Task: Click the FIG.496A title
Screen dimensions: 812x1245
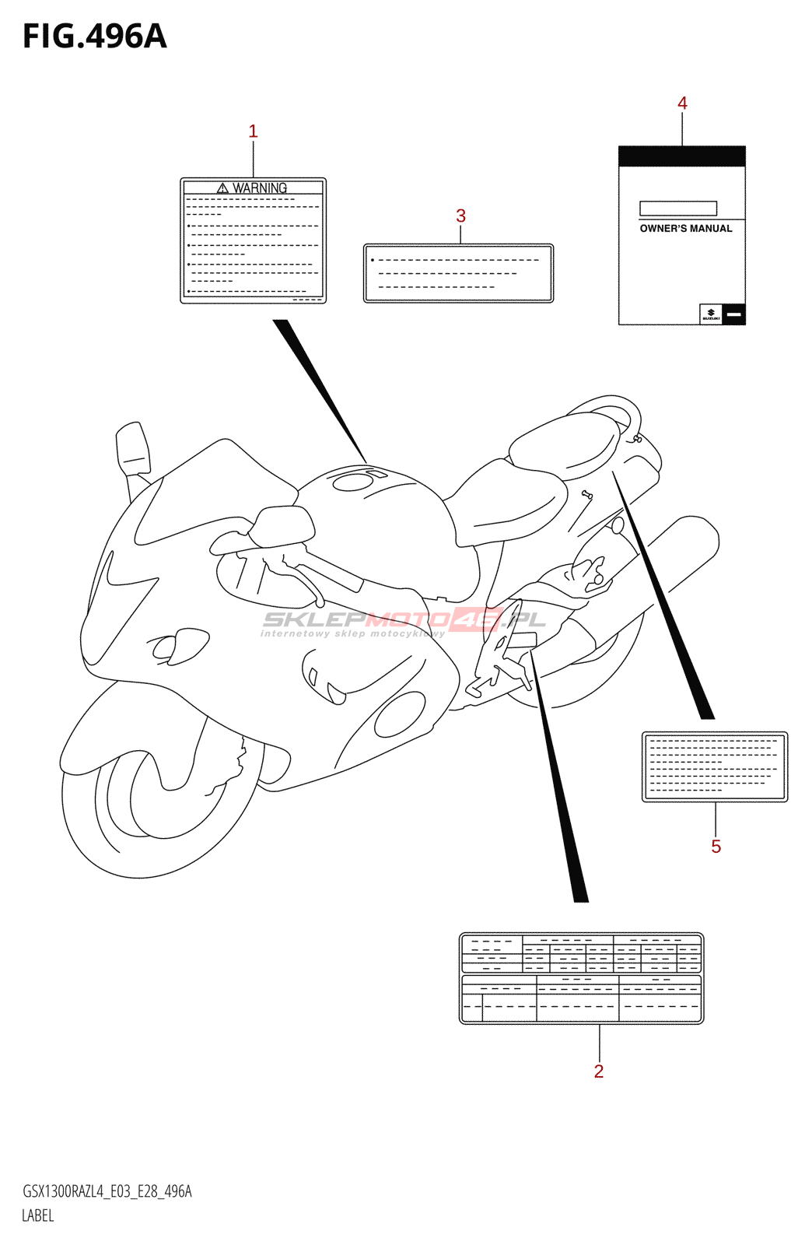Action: click(95, 37)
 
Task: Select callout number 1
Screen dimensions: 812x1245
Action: click(253, 132)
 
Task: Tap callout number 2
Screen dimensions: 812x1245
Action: click(599, 1071)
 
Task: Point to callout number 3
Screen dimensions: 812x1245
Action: click(460, 216)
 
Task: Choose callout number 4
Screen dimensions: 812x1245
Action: click(682, 103)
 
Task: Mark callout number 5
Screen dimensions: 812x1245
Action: click(716, 847)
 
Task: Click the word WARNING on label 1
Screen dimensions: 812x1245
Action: click(260, 188)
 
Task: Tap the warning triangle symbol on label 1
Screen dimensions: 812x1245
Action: click(222, 188)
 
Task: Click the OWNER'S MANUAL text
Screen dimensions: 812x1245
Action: click(685, 229)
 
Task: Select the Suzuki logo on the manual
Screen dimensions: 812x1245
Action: click(711, 314)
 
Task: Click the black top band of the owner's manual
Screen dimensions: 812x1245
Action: click(681, 156)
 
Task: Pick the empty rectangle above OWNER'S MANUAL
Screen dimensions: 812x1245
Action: click(677, 209)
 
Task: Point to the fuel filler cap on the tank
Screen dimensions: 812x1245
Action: click(352, 482)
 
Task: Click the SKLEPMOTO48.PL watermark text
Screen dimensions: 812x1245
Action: click(404, 620)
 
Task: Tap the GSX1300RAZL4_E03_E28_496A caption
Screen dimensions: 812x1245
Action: click(107, 1191)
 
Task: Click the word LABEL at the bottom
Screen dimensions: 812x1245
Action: click(38, 1215)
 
